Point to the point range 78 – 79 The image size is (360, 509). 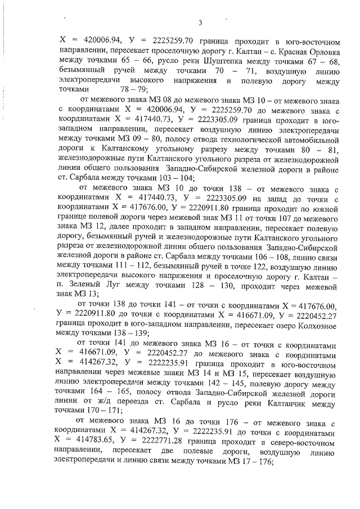click(x=134, y=90)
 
